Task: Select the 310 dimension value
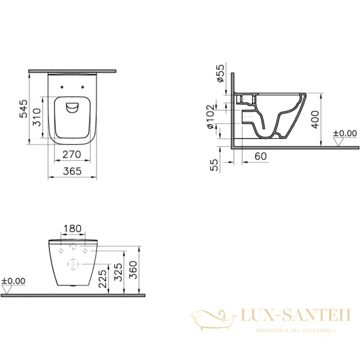(x=37, y=118)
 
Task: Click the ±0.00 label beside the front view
(x=13, y=280)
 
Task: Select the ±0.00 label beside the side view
(x=345, y=133)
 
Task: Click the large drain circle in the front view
(x=73, y=264)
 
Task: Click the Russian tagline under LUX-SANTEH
(x=295, y=331)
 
